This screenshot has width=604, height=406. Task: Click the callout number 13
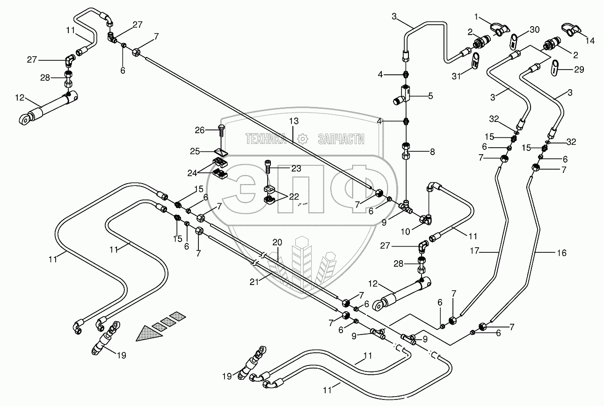(x=293, y=121)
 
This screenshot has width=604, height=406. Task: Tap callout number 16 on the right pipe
(x=561, y=253)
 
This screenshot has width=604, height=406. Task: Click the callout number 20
(x=278, y=243)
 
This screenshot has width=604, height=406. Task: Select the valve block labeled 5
(x=405, y=93)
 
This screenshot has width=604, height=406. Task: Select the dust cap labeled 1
(x=499, y=29)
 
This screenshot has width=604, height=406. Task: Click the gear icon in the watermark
(x=302, y=138)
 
